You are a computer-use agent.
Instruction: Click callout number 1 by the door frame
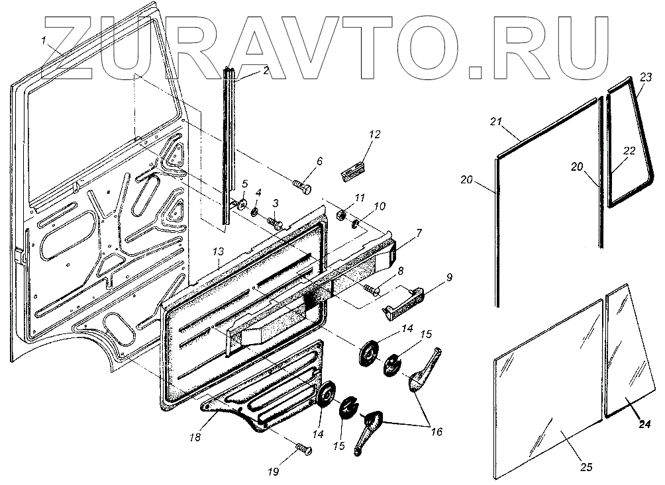coord(43,41)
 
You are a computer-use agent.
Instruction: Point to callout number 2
coord(266,71)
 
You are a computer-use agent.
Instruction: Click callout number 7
coord(419,234)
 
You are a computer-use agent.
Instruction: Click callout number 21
coord(497,121)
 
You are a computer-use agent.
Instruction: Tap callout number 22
coord(629,151)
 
